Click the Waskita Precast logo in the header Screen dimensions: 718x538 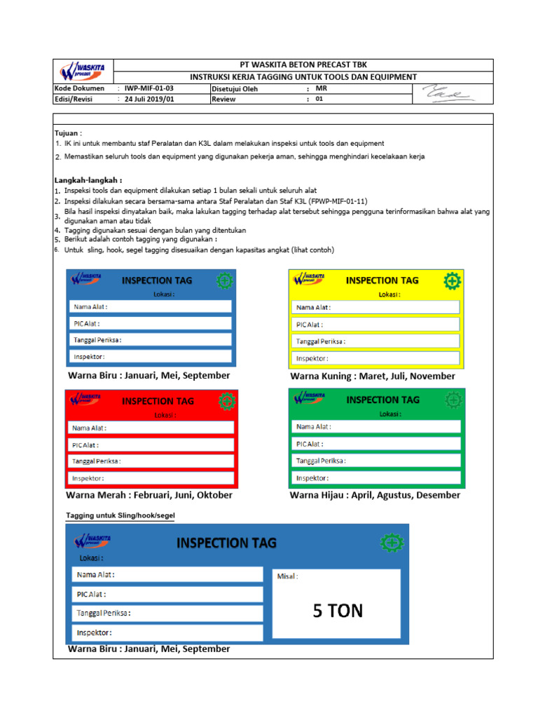[x=82, y=71]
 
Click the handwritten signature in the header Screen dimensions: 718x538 [x=449, y=94]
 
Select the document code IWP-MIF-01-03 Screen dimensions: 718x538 [x=149, y=89]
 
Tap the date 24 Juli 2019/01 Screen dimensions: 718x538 [x=149, y=100]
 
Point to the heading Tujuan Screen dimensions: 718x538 [x=69, y=133]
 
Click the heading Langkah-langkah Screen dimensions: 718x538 [x=88, y=179]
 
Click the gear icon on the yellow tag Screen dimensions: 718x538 [x=453, y=281]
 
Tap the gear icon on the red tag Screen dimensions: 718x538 [x=226, y=402]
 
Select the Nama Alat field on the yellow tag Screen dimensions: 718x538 [x=375, y=307]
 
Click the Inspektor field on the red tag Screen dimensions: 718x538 [x=151, y=478]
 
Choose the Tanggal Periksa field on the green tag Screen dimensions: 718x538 [x=376, y=461]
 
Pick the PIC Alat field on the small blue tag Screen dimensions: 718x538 [x=151, y=323]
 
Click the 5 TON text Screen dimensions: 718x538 [x=338, y=611]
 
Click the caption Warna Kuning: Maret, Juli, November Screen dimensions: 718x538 [x=373, y=377]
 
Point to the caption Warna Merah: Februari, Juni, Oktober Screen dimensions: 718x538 [x=150, y=495]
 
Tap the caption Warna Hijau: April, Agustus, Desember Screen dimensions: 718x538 [x=375, y=495]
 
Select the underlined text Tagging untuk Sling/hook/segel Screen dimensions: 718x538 [x=120, y=515]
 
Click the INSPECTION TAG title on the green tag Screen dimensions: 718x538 [x=383, y=400]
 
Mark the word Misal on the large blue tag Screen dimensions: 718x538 [x=287, y=576]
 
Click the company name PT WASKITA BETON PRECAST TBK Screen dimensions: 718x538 [x=303, y=65]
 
